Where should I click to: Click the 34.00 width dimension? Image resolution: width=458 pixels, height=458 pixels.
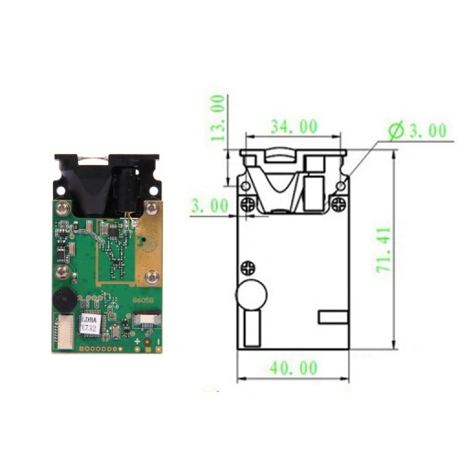click(293, 126)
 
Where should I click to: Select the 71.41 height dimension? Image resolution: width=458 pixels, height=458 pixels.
click(384, 250)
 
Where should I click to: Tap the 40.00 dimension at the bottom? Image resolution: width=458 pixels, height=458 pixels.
click(292, 367)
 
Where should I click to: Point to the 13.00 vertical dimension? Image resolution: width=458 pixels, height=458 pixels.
click(217, 117)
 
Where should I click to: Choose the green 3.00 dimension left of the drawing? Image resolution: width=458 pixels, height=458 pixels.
click(209, 206)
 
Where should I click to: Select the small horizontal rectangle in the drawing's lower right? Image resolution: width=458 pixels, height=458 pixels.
click(333, 317)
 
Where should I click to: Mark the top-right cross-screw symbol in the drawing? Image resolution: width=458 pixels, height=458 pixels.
click(337, 204)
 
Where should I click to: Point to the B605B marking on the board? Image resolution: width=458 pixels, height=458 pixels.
click(145, 300)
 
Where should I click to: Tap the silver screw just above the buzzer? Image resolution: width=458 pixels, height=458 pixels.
click(63, 271)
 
